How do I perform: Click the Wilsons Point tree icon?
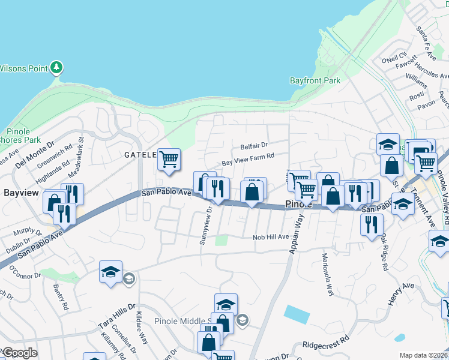[x=56, y=67]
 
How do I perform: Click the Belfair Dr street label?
[x=253, y=145]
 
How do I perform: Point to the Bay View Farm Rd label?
[x=247, y=158]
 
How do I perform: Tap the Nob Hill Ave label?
[x=271, y=237]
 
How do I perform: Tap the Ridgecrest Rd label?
[x=326, y=345]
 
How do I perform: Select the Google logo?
[x=20, y=353]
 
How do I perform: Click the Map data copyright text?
[x=424, y=355]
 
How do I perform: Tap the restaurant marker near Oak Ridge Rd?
[x=372, y=225]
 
